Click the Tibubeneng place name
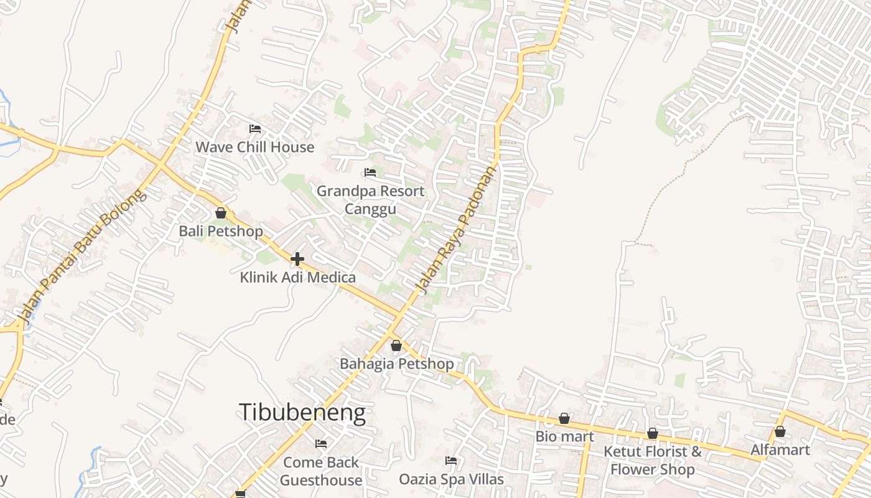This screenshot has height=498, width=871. (x=302, y=412)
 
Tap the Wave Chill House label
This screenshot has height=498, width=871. (x=254, y=147)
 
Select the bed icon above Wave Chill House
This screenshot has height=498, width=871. (x=254, y=129)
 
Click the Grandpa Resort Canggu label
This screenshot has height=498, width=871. (x=370, y=199)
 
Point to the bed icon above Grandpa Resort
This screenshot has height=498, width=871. (x=370, y=172)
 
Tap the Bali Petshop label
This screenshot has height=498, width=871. (x=221, y=231)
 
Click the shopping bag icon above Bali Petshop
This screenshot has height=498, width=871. (x=221, y=213)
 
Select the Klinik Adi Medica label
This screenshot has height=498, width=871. (x=298, y=277)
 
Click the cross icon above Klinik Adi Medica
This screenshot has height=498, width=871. (x=297, y=258)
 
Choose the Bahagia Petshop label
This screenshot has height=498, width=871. (x=396, y=364)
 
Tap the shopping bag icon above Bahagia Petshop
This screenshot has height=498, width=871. (x=396, y=345)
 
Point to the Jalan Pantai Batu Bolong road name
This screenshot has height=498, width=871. (x=84, y=255)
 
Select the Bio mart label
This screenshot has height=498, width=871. (x=564, y=436)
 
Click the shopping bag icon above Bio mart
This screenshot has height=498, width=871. (x=564, y=418)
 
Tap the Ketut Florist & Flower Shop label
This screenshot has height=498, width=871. (x=653, y=460)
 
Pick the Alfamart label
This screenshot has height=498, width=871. (x=780, y=449)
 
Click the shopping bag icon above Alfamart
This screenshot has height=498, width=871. (x=780, y=431)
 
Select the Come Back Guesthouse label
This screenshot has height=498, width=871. (x=321, y=471)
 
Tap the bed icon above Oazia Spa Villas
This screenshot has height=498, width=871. (x=451, y=461)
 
